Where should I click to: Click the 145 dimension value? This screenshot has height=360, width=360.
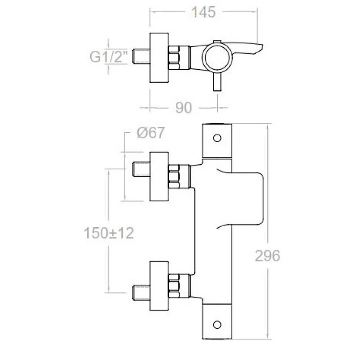pos(203,12)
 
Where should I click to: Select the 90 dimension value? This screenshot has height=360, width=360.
pos(184,108)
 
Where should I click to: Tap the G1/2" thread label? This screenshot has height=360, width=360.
pos(108,57)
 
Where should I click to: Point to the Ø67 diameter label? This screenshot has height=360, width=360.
pos(151,133)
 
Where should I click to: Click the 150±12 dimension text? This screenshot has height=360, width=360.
pos(109,233)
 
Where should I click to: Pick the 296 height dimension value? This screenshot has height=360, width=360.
pos(267,256)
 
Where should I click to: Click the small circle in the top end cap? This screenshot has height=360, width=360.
pos(217,138)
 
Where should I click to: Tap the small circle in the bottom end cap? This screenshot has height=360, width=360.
pos(217,324)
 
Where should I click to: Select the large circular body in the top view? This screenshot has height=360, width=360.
pos(217,58)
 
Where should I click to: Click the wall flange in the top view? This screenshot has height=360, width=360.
pos(159,58)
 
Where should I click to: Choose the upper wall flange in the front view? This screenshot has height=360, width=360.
pos(159,176)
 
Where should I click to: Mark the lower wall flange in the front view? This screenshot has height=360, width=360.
pos(159,286)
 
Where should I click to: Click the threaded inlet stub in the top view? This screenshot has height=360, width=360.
pos(141,56)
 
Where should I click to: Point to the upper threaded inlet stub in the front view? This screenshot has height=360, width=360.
pos(141,169)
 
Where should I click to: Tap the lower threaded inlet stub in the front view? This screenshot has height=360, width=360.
pos(141,292)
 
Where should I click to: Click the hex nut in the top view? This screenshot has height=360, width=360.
pos(174,58)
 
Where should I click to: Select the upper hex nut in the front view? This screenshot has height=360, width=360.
pos(174,176)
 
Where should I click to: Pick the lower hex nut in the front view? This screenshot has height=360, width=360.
pos(174,286)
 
